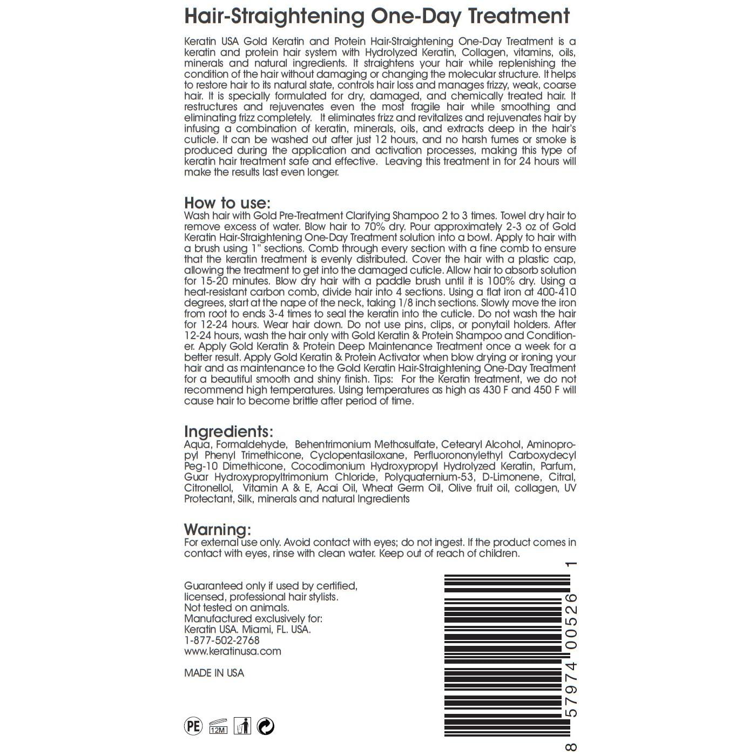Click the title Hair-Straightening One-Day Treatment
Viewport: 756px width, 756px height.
point(377,16)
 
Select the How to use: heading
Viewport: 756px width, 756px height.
point(227,203)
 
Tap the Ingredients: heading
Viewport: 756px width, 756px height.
point(228,431)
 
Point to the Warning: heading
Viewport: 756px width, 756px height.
point(218,529)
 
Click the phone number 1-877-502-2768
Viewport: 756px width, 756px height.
point(222,640)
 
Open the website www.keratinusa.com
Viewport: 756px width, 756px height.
point(233,651)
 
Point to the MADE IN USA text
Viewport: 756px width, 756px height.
point(214,673)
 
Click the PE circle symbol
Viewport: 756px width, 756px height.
point(193,726)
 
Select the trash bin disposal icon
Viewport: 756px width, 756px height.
point(242,726)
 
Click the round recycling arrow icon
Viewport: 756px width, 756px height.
point(265,726)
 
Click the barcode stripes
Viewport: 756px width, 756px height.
point(507,656)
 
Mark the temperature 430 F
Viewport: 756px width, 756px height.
point(492,390)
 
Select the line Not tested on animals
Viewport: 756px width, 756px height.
point(237,608)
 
